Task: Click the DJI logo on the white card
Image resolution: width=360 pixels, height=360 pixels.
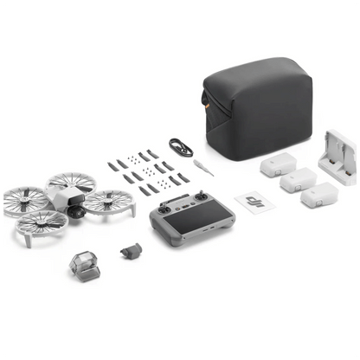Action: click(x=253, y=202)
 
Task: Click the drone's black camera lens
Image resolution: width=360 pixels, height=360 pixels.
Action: click(x=75, y=211)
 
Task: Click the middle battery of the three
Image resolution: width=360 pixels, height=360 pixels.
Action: click(x=297, y=180)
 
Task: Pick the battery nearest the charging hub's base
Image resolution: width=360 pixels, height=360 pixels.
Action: click(x=317, y=195)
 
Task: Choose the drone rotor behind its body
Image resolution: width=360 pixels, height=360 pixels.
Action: click(x=71, y=183)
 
